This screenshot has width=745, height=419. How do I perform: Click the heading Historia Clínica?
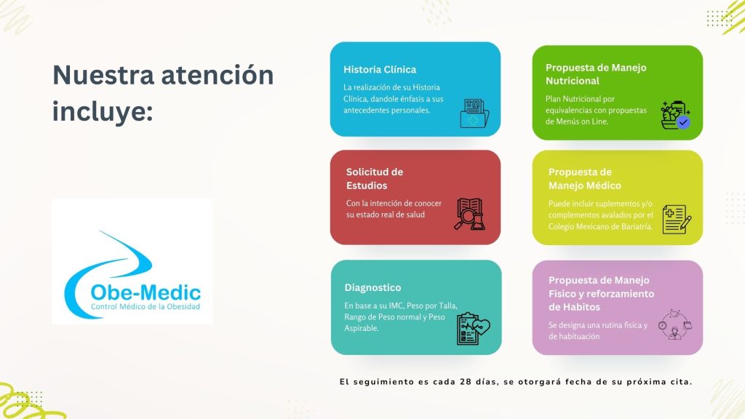[380, 69]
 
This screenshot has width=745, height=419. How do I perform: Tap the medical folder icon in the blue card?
[474, 113]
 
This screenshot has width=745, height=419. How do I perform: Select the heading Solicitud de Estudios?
[375, 179]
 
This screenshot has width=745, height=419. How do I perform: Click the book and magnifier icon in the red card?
[470, 215]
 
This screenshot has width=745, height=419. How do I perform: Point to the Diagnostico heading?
[372, 287]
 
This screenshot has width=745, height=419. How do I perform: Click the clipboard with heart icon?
[473, 328]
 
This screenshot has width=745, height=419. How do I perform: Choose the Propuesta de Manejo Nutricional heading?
[596, 74]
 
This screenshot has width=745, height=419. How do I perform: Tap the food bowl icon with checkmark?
[675, 115]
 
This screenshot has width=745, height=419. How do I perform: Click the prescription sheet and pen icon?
[677, 219]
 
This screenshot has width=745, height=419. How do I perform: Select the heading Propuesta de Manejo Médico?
[584, 179]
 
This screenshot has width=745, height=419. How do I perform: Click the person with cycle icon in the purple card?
[674, 325]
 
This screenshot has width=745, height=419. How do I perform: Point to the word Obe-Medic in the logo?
[146, 292]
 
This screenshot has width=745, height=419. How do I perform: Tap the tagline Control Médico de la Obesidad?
[146, 306]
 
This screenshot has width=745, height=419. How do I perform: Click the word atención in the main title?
[218, 75]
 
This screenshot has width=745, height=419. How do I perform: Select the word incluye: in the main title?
[103, 112]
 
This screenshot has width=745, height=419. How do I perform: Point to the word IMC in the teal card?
[397, 306]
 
